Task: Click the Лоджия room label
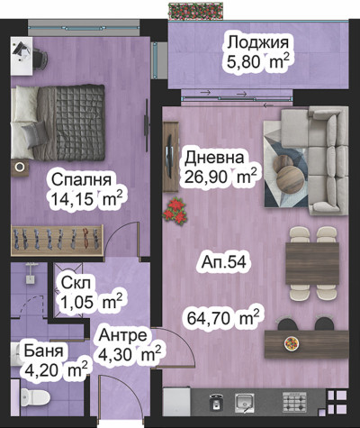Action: click(x=258, y=43)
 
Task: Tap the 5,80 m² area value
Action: click(x=258, y=62)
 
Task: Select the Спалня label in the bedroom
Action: click(x=81, y=180)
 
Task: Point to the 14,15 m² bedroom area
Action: click(x=86, y=198)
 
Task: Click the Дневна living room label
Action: click(x=214, y=158)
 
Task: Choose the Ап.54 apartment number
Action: click(x=224, y=262)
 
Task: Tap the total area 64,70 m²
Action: click(x=223, y=318)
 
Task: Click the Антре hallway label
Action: click(x=123, y=335)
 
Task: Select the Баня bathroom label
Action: click(x=44, y=351)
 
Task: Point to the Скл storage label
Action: click(x=77, y=283)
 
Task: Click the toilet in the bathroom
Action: click(x=35, y=397)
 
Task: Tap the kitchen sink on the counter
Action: click(x=245, y=403)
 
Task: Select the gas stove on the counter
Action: click(x=294, y=402)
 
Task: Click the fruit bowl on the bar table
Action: click(x=291, y=343)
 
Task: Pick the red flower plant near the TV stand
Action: click(x=175, y=211)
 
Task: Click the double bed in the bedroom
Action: click(x=58, y=123)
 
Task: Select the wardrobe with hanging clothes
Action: click(x=57, y=241)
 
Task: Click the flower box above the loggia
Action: click(x=196, y=11)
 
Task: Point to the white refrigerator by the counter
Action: click(x=176, y=402)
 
